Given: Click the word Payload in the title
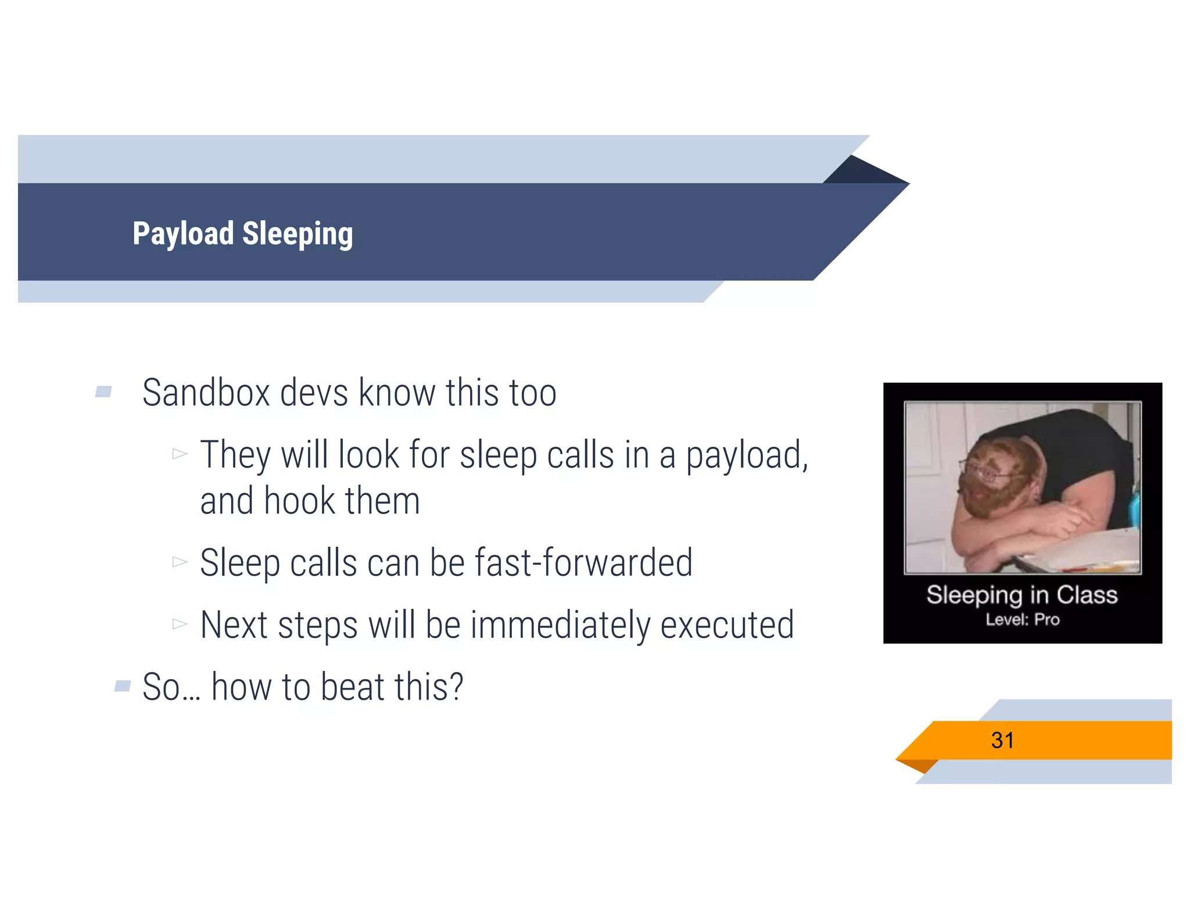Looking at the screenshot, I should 182,234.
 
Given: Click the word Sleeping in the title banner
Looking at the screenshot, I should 297,234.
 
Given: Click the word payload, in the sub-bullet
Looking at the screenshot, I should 747,455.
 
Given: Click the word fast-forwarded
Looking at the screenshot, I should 583,562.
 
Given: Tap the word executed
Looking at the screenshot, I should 727,625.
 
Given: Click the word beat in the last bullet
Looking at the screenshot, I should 352,687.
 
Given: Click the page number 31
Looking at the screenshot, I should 1002,740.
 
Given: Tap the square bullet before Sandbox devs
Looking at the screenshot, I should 103,392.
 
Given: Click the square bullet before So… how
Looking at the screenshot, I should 123,686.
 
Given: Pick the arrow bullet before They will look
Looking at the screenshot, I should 180,453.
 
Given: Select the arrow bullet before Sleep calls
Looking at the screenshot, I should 180,562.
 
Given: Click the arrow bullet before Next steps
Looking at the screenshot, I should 180,624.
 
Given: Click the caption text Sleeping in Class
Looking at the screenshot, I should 1021,595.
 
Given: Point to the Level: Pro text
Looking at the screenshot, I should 1022,620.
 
